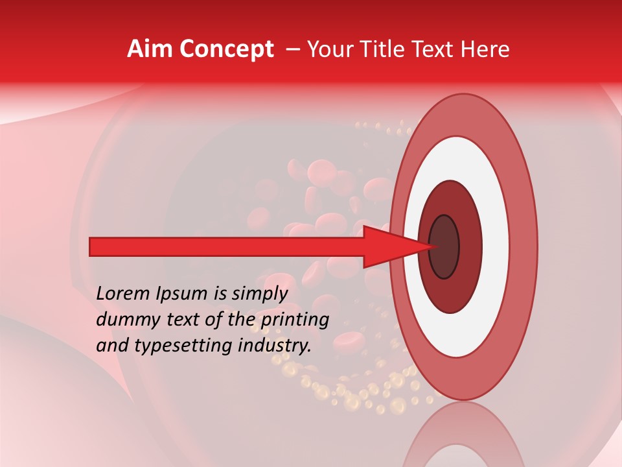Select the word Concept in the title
click(x=226, y=49)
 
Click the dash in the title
click(x=292, y=49)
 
